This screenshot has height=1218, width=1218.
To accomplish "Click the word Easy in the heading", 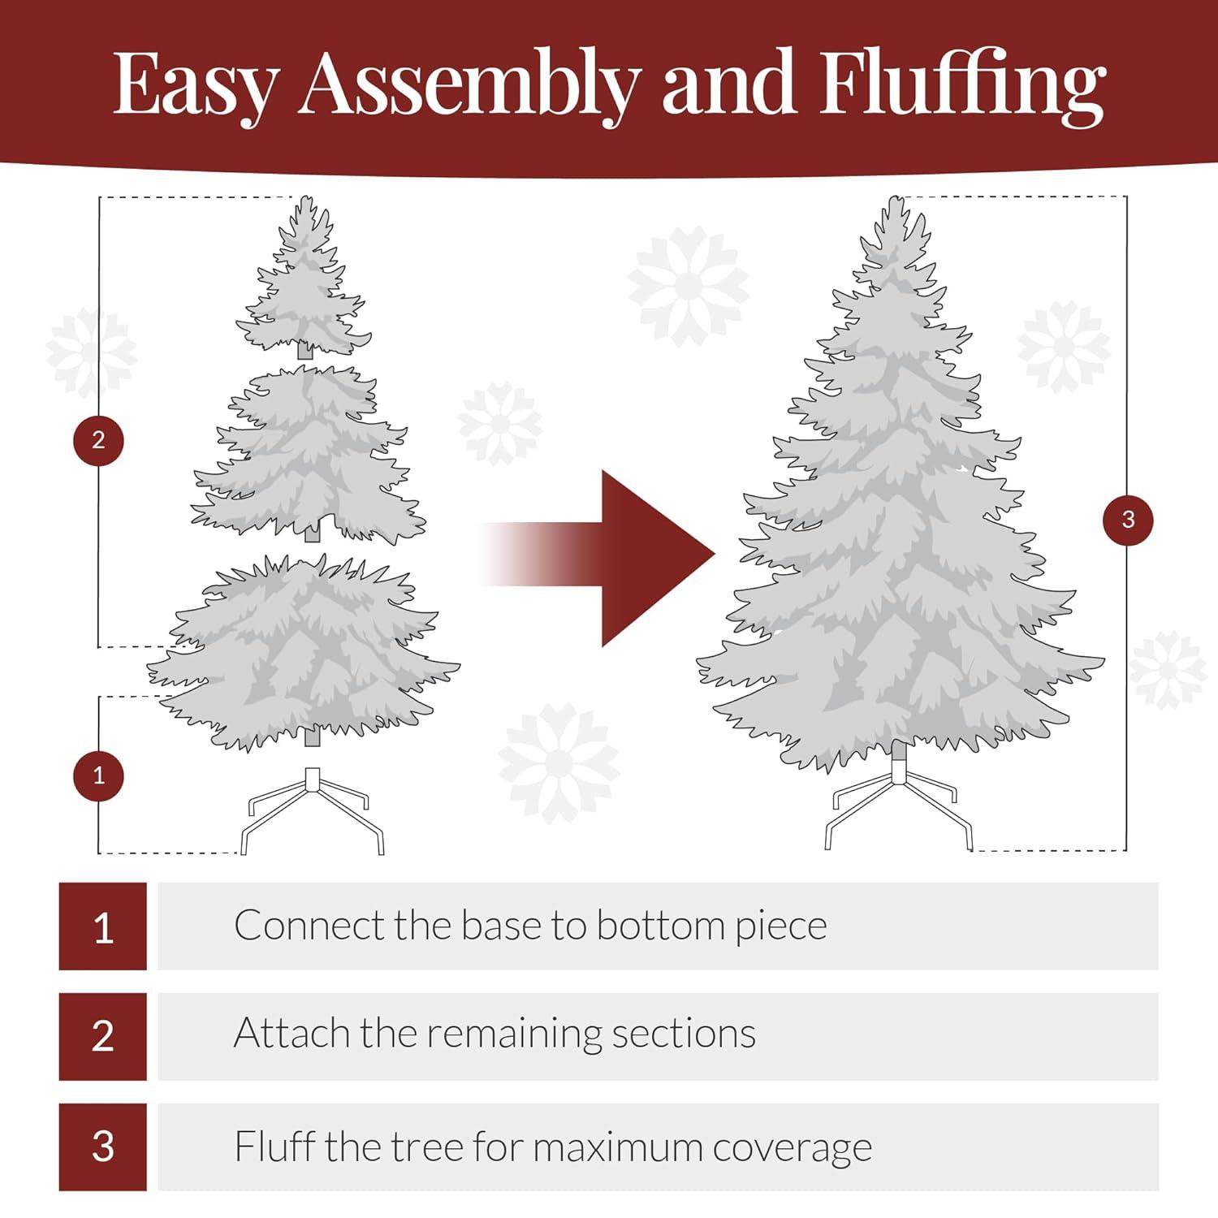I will [195, 85].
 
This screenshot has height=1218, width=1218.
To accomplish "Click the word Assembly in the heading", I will [469, 85].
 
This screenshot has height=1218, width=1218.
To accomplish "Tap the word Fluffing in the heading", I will [961, 85].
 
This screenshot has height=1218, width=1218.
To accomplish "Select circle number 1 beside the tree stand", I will [98, 775].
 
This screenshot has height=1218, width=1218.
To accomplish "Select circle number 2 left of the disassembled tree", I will [98, 440].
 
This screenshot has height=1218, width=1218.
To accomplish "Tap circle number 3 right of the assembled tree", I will [1127, 520].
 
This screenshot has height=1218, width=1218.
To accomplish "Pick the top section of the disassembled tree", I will [304, 284].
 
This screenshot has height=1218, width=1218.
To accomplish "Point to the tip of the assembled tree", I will [896, 203].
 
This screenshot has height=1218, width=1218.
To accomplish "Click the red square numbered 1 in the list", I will [103, 926].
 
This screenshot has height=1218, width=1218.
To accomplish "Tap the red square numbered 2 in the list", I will [103, 1036].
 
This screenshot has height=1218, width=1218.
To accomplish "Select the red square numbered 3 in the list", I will [103, 1147].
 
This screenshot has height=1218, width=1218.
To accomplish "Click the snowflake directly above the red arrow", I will [689, 286].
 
